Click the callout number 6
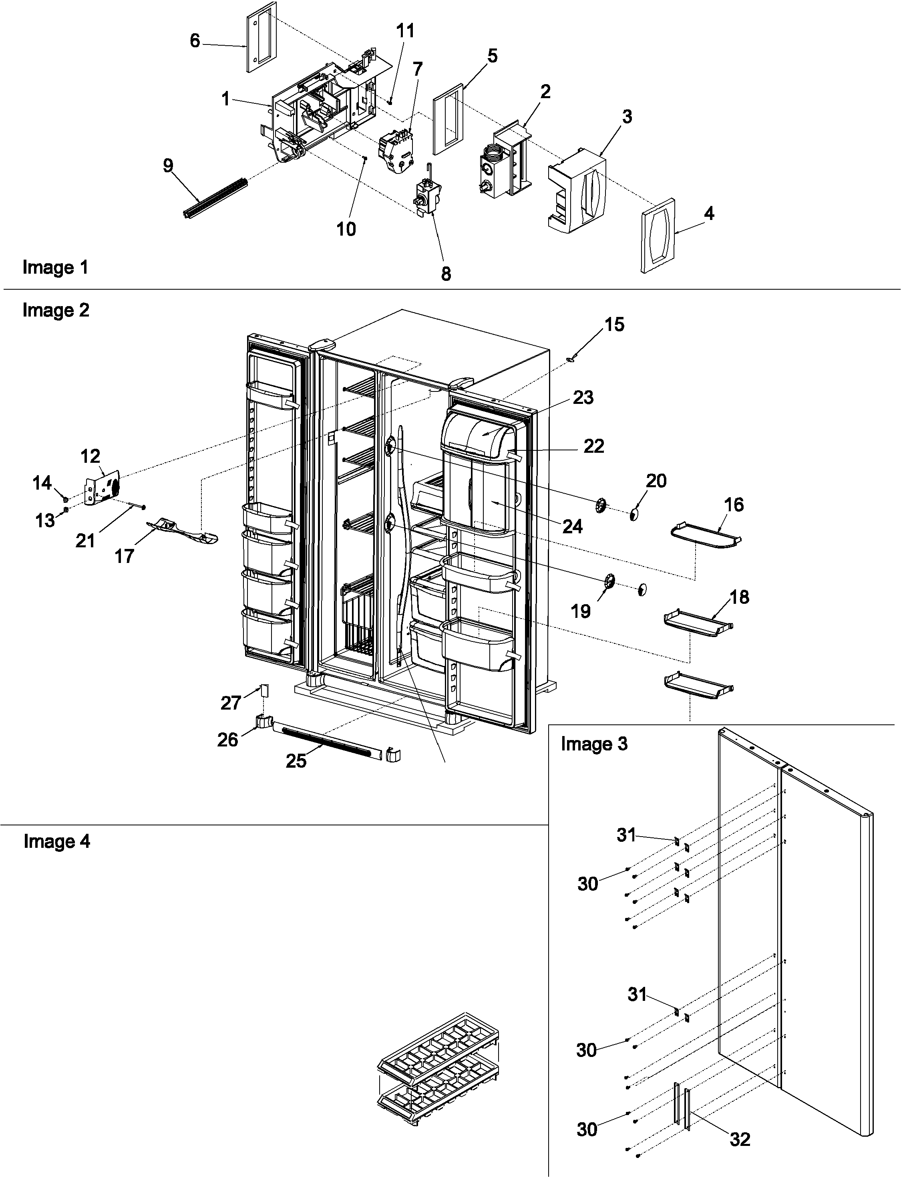tap(195, 41)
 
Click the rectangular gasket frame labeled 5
tap(448, 119)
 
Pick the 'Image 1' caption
tap(55, 267)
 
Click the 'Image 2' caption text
tap(55, 310)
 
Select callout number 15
tap(614, 325)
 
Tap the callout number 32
tap(740, 1124)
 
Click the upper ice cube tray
tap(438, 1046)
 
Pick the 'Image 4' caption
tap(56, 841)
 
